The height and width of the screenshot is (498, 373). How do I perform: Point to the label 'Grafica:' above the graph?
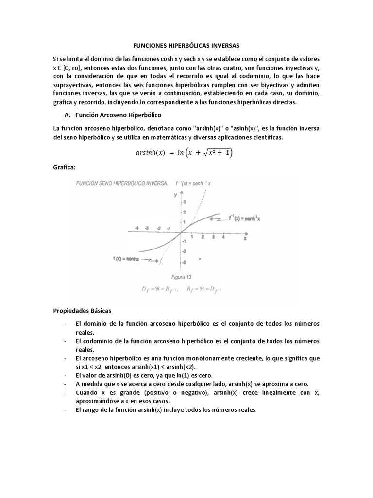(x=64, y=167)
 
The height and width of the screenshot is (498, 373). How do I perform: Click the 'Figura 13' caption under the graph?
(x=181, y=276)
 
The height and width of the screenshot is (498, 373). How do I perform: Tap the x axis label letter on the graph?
(x=245, y=239)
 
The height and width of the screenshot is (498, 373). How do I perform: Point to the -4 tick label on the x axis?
(x=137, y=228)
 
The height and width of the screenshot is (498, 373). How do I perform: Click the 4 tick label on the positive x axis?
(x=223, y=237)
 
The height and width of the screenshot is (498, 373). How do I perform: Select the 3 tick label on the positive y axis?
(x=183, y=201)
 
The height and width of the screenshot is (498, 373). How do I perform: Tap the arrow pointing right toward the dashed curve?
(x=152, y=260)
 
